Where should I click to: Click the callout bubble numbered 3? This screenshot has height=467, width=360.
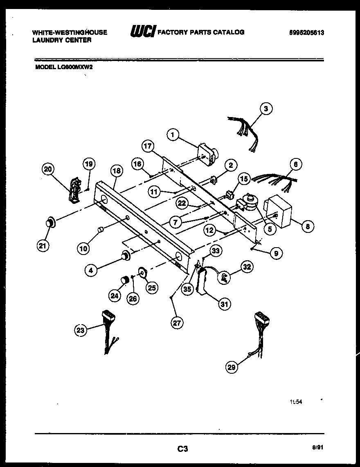click(x=265, y=108)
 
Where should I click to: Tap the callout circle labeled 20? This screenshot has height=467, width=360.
click(x=49, y=169)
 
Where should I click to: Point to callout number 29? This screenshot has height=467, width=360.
click(x=232, y=368)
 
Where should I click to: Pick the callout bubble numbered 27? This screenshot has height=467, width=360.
click(x=176, y=323)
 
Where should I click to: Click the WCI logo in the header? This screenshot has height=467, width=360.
click(x=143, y=32)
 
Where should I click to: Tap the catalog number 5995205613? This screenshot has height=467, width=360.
click(x=306, y=33)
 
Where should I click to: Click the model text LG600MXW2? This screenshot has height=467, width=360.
click(x=75, y=68)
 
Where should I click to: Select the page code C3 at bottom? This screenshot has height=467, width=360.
click(x=182, y=449)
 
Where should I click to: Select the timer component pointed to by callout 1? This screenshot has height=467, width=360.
click(x=207, y=154)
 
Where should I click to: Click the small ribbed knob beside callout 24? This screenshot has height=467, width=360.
click(x=125, y=280)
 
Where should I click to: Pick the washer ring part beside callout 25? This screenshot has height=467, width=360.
click(x=142, y=271)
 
